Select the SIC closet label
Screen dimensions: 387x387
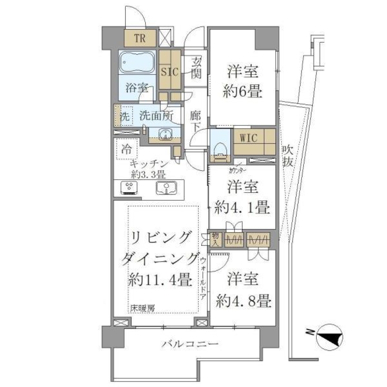pos(170,72)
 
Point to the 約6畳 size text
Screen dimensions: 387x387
pos(243,92)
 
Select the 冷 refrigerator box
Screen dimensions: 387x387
pos(126,149)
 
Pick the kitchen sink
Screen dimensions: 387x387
pos(167,187)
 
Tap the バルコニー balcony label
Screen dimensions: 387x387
pos(190,344)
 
